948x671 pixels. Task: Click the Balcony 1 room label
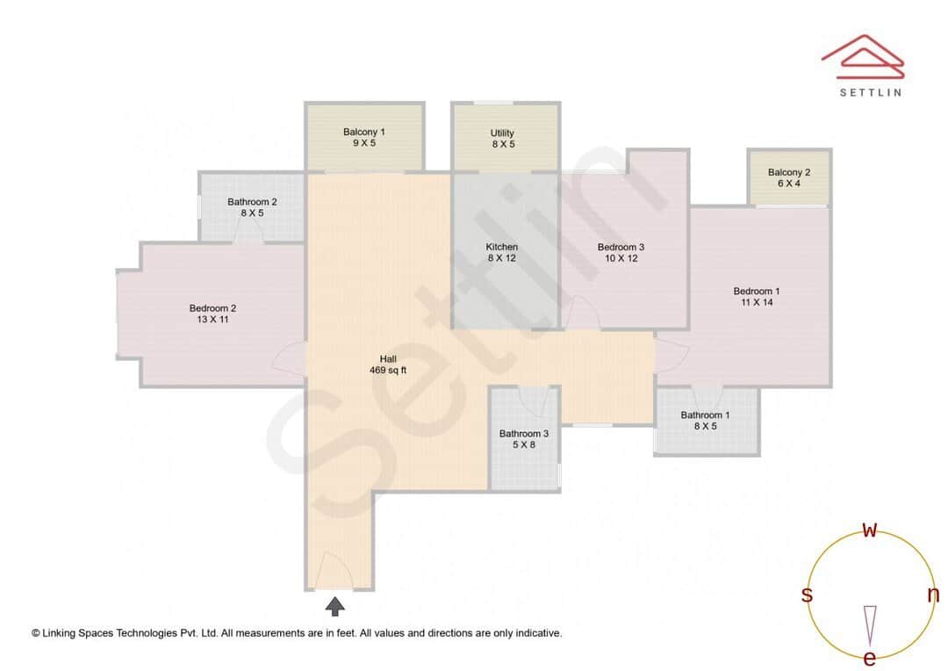point(364,137)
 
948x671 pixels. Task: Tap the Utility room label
point(502,139)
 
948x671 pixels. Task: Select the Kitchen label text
point(502,253)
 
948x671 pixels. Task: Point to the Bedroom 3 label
point(621,253)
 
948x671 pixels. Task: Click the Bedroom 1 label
point(757,297)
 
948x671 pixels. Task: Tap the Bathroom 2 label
point(252,207)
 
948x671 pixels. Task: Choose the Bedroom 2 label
point(212,314)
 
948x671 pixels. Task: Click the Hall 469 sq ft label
point(388,364)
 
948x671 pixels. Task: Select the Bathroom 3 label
point(524,439)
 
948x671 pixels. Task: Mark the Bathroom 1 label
point(706,421)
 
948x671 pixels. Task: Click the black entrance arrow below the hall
point(335,605)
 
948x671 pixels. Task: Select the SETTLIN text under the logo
point(870,92)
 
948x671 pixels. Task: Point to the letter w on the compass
point(870,530)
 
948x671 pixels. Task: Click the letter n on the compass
point(933,595)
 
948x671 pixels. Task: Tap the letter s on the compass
point(807,595)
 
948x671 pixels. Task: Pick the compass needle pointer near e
point(870,624)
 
